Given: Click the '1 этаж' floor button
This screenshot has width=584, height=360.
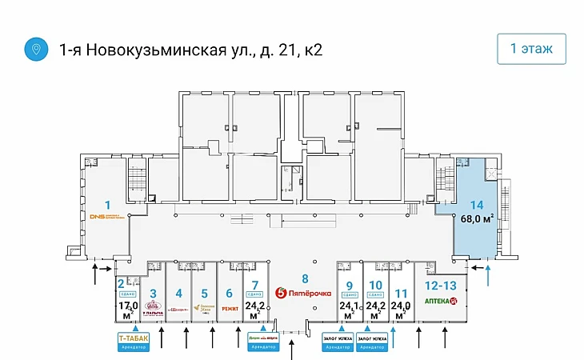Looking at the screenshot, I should pos(531,49).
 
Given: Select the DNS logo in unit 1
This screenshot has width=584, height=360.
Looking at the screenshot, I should pos(106,217).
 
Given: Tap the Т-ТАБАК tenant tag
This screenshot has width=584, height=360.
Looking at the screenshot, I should pos(133,340).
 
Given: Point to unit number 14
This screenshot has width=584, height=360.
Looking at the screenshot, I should pos(476,204).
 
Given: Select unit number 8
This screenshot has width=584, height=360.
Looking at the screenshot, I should pos(304,278).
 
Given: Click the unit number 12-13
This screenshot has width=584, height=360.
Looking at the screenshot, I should pos(442,286).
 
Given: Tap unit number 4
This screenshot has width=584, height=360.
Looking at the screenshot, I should pos(178,293).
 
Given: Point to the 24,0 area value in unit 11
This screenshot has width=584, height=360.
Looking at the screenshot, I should pos(401,305).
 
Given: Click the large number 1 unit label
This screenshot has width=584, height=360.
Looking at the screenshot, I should pos(107,204).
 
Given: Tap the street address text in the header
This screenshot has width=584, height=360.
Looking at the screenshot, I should pos(191,50).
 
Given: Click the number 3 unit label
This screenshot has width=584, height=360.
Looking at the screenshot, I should pos(153,293).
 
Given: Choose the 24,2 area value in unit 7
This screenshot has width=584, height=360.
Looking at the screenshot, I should pos(254,305).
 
